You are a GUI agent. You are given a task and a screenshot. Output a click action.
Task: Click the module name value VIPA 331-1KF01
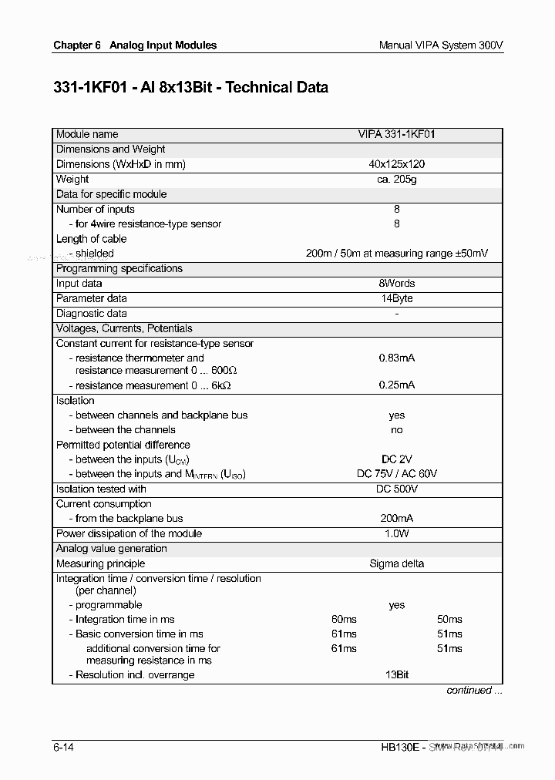396,134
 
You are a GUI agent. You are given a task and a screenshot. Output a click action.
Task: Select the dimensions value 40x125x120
396,164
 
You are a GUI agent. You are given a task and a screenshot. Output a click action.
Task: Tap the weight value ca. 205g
396,179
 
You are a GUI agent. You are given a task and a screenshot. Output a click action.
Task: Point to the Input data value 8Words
396,284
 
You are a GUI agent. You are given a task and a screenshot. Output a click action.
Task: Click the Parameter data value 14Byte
396,298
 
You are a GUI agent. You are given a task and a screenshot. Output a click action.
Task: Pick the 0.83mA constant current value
396,358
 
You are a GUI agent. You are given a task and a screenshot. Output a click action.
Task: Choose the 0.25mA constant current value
396,385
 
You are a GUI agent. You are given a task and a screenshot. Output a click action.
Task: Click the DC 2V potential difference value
396,459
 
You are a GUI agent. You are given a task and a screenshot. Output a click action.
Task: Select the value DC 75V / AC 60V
396,474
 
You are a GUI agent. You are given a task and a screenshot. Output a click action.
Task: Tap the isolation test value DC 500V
396,489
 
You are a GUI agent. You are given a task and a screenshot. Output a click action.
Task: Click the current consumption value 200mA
396,519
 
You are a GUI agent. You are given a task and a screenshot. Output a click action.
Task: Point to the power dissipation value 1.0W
396,533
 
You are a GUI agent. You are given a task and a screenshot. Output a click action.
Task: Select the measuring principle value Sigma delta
396,563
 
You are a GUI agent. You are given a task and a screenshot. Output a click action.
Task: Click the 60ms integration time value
344,620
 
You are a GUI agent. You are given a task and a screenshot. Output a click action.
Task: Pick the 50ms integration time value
449,620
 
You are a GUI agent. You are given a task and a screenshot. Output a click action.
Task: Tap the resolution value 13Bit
396,675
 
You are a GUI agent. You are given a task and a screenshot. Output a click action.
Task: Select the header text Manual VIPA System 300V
441,45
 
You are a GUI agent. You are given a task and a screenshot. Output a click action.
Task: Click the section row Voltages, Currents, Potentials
124,328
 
